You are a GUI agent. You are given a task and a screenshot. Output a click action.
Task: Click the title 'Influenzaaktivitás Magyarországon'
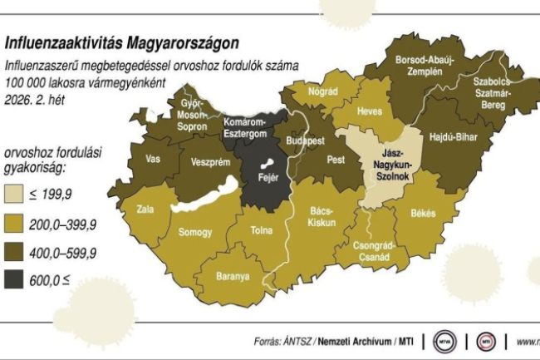point(122,42)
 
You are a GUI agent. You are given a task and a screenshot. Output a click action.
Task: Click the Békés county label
point(422,214)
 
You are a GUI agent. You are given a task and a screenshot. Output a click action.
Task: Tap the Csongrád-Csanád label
point(371,251)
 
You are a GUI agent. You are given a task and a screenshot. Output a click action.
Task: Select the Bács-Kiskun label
point(321,216)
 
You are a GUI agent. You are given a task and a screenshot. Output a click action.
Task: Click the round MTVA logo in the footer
point(444,341)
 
